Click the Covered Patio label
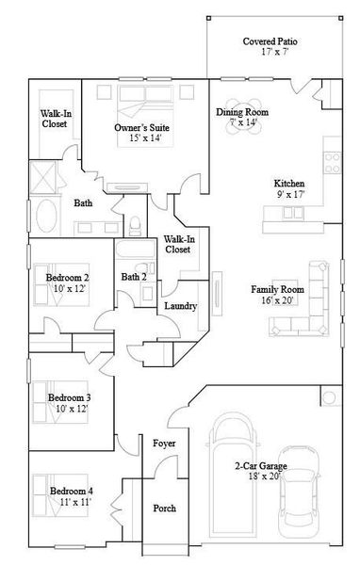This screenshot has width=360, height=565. pyautogui.click(x=270, y=42)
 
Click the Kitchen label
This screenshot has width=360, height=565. pyautogui.click(x=288, y=183)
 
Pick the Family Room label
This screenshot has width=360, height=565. pyautogui.click(x=277, y=289)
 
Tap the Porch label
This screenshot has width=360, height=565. pyautogui.click(x=164, y=508)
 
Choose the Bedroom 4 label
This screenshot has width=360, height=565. pyautogui.click(x=71, y=492)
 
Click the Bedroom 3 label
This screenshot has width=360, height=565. pyautogui.click(x=70, y=397)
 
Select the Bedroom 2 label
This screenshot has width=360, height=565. pyautogui.click(x=68, y=278)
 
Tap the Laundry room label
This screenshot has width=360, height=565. pyautogui.click(x=180, y=306)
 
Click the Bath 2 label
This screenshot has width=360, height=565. pyautogui.click(x=134, y=277)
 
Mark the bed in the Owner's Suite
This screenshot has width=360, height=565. pyautogui.click(x=141, y=99)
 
